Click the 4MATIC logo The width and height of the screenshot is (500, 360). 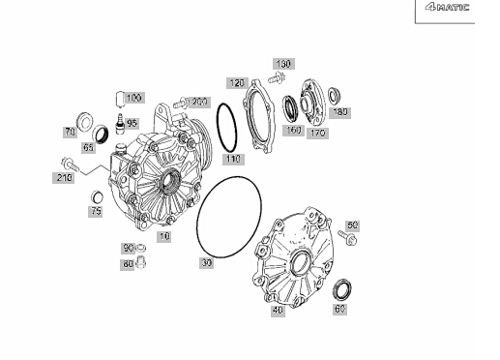pyautogui.click(x=447, y=7)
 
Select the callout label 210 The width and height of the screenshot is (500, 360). pyautogui.click(x=64, y=178)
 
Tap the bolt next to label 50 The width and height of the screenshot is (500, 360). pyautogui.click(x=347, y=237)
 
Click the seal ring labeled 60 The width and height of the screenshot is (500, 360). pyautogui.click(x=341, y=289)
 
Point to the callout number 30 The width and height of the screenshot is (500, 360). pyautogui.click(x=206, y=263)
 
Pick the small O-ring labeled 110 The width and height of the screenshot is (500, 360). pyautogui.click(x=226, y=127)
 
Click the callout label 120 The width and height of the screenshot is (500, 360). pyautogui.click(x=237, y=83)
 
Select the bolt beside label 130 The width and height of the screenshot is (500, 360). pyautogui.click(x=277, y=77)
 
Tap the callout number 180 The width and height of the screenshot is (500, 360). pyautogui.click(x=339, y=112)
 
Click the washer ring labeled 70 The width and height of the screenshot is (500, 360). pyautogui.click(x=84, y=122)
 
